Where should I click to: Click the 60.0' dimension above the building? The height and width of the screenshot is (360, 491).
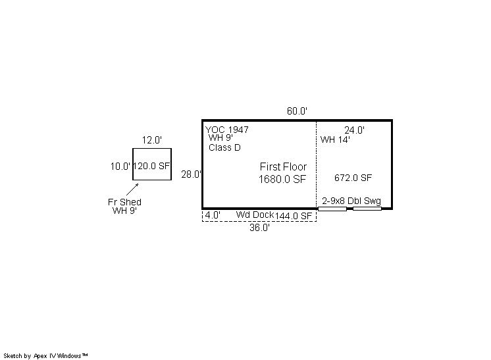click(x=297, y=111)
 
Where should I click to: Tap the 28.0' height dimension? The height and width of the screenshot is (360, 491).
click(x=191, y=174)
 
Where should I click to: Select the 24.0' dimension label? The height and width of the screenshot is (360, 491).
click(x=355, y=130)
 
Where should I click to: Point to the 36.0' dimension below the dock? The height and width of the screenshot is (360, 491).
click(x=259, y=228)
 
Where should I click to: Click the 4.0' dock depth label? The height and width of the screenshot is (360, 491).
click(x=213, y=215)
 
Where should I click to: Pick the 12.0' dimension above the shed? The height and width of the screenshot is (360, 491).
click(x=152, y=140)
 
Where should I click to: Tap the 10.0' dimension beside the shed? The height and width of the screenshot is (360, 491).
click(x=120, y=167)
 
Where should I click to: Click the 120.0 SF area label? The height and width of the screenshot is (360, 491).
click(x=151, y=166)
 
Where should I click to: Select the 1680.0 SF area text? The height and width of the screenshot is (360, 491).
click(x=282, y=179)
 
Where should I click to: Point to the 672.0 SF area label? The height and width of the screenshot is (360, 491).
click(x=353, y=178)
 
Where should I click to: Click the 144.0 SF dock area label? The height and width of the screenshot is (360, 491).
click(x=294, y=216)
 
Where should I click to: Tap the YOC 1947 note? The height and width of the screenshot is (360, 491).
click(x=226, y=130)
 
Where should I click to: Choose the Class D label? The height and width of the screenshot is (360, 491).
click(x=224, y=147)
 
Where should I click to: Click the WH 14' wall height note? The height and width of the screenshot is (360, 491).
click(x=335, y=140)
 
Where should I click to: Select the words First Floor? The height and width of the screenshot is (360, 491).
click(x=283, y=167)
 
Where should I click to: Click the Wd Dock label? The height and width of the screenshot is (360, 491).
click(x=255, y=215)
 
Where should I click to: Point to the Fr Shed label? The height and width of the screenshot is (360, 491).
click(x=124, y=202)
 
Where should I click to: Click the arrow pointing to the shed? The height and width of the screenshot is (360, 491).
click(x=132, y=190)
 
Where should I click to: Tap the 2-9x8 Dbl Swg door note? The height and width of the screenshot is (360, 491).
click(x=351, y=201)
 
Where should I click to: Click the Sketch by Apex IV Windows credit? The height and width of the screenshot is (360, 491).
click(x=45, y=355)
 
